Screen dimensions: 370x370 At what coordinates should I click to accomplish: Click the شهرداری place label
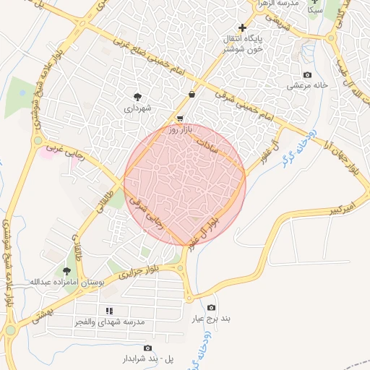pyautogui.click(x=137, y=108)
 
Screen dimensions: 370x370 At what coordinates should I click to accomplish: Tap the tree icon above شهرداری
pyautogui.click(x=137, y=95)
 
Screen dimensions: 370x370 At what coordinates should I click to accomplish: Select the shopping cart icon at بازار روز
pyautogui.click(x=179, y=119)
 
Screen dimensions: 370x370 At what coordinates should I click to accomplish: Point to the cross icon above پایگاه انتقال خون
pyautogui.click(x=242, y=27)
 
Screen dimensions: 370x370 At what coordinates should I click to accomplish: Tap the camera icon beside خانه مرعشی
pyautogui.click(x=307, y=75)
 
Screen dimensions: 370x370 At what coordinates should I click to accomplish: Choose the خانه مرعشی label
pyautogui.click(x=309, y=85)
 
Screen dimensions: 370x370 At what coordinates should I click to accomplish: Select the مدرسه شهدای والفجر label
pyautogui.click(x=109, y=320)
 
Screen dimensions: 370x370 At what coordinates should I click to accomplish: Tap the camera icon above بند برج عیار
pyautogui.click(x=211, y=308)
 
